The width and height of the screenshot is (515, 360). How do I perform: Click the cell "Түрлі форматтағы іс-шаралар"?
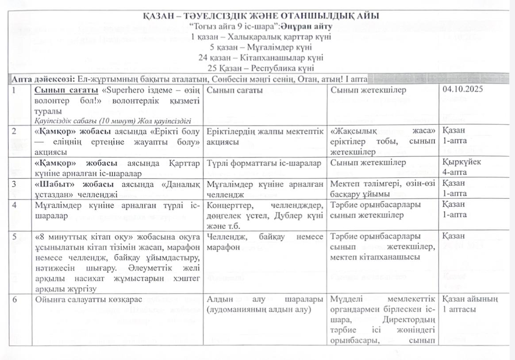click(264, 163)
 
